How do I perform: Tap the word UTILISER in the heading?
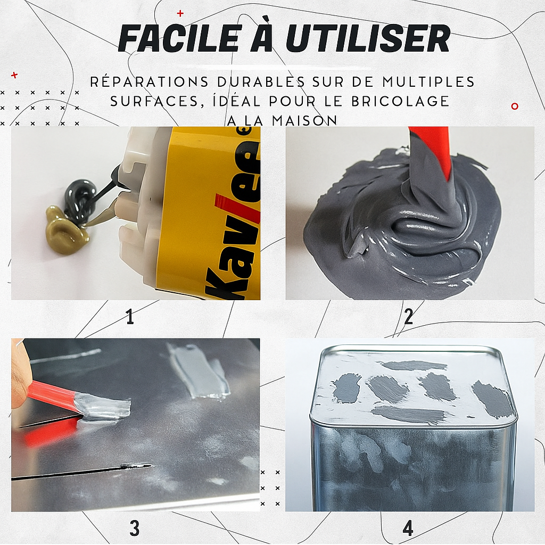click(x=367, y=38)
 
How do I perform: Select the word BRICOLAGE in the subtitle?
click(x=400, y=101)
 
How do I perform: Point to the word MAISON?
click(x=304, y=121)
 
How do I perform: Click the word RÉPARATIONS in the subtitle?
click(x=150, y=81)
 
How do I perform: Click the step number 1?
click(x=130, y=316)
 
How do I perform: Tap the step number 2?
click(x=408, y=316)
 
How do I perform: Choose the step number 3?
click(x=135, y=529)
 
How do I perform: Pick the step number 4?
click(x=408, y=529)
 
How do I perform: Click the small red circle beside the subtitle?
click(x=515, y=106)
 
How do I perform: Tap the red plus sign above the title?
click(x=180, y=13)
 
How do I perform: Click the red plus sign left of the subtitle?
click(x=14, y=75)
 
